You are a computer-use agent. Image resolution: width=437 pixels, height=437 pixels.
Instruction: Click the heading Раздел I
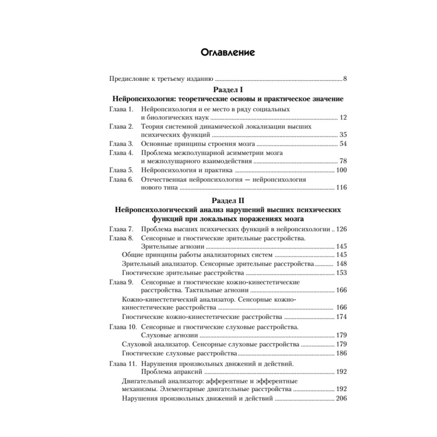pyautogui.click(x=225, y=89)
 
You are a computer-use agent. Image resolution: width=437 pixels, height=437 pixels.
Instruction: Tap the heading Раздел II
pyautogui.click(x=225, y=201)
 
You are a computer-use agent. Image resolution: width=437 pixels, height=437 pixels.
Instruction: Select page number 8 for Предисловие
pyautogui.click(x=344, y=79)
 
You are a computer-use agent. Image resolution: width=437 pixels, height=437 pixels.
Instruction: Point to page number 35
pyautogui.click(x=343, y=135)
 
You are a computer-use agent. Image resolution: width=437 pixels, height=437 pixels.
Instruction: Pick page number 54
pyautogui.click(x=343, y=144)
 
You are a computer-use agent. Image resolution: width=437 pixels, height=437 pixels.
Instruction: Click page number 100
pyautogui.click(x=341, y=170)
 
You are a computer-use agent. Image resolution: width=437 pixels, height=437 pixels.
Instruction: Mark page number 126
pyautogui.click(x=341, y=229)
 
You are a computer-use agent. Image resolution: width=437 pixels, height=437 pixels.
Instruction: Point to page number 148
pyautogui.click(x=341, y=264)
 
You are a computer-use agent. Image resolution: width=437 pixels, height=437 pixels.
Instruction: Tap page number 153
pyautogui.click(x=341, y=273)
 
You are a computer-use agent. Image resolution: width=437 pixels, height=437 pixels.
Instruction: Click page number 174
pyautogui.click(x=341, y=317)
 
